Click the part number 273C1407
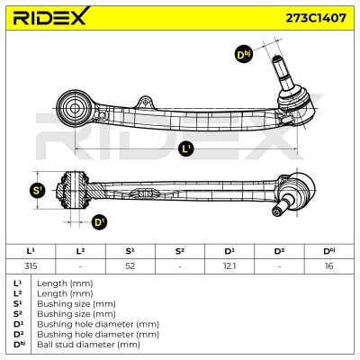tap(316, 18)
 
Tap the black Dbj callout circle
tap(243, 55)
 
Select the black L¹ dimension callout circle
tap(186, 148)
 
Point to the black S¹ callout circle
tap(38, 190)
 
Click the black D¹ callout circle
tap(99, 222)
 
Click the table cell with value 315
tap(31, 266)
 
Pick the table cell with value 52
tap(130, 266)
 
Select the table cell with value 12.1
tap(229, 266)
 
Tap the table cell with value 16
tap(329, 266)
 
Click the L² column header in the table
tap(80, 251)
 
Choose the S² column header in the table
tap(180, 251)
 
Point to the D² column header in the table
tap(279, 251)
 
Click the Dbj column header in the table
tap(329, 251)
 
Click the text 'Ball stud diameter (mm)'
tap(88, 345)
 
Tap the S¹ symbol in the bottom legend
tap(18, 304)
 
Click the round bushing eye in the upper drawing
tap(75, 108)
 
